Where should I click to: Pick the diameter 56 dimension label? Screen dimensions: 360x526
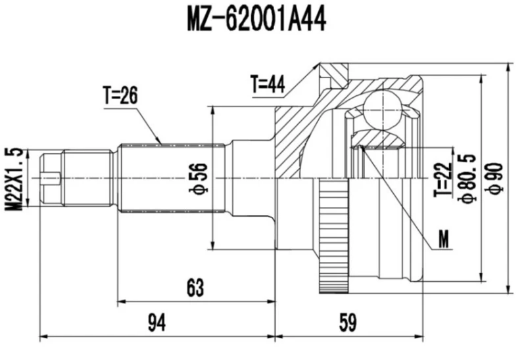click(x=201, y=178)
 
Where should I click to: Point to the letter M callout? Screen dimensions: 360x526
click(x=445, y=241)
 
